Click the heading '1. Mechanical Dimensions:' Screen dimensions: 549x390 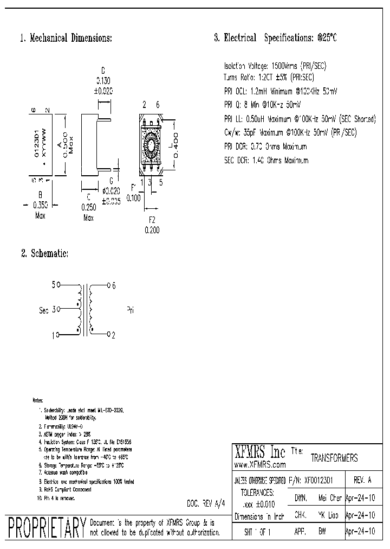(66, 39)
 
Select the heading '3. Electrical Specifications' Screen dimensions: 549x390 (276, 38)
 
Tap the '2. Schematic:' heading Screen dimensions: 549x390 (44, 253)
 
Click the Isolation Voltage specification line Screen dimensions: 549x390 (275, 65)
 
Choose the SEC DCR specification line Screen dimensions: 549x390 (265, 161)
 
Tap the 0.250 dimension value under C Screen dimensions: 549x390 (89, 207)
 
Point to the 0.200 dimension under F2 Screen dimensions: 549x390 (152, 230)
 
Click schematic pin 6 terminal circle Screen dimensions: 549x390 (109, 284)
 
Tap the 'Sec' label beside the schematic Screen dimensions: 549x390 (44, 310)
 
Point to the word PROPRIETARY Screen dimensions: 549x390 (47, 526)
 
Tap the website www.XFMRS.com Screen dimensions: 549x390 (260, 465)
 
